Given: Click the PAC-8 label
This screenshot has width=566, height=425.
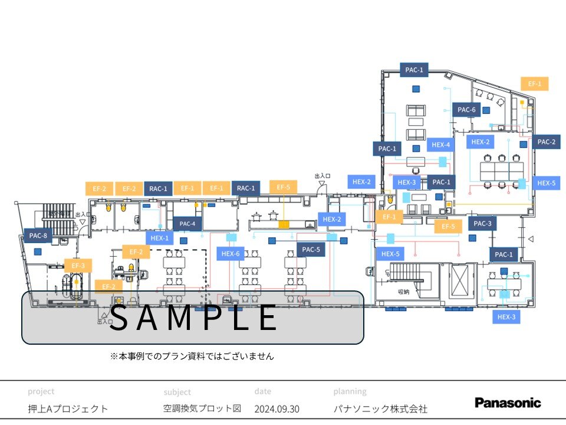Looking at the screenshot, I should pyautogui.click(x=38, y=236).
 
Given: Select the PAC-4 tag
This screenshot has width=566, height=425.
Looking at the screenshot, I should pyautogui.click(x=187, y=224).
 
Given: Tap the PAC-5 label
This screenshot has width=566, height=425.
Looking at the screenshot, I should pyautogui.click(x=311, y=250).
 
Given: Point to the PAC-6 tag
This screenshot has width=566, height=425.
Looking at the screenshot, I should pyautogui.click(x=466, y=110).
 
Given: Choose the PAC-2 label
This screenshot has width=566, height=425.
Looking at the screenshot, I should pyautogui.click(x=546, y=142).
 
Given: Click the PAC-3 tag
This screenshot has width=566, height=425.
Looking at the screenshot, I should pyautogui.click(x=482, y=223).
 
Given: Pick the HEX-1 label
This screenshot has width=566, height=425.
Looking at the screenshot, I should pyautogui.click(x=159, y=238).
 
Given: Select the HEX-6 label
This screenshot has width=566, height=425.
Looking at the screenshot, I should pyautogui.click(x=231, y=254).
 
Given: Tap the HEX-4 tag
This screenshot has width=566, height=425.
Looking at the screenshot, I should pyautogui.click(x=440, y=145).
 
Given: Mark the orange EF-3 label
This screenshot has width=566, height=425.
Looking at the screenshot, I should pyautogui.click(x=78, y=266).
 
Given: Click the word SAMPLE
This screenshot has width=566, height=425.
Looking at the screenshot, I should pyautogui.click(x=193, y=318).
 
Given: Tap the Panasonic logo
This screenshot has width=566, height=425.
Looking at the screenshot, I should pyautogui.click(x=508, y=403).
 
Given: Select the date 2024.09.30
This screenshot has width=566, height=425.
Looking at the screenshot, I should pyautogui.click(x=277, y=408).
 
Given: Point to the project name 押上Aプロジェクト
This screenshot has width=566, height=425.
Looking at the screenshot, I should pyautogui.click(x=68, y=408).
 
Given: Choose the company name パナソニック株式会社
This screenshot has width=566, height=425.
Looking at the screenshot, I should pyautogui.click(x=380, y=408).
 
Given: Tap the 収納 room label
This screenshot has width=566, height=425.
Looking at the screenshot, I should pyautogui.click(x=403, y=292).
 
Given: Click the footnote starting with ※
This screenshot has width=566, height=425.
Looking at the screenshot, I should pyautogui.click(x=192, y=357).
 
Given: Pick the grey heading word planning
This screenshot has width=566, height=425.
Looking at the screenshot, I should pyautogui.click(x=350, y=391).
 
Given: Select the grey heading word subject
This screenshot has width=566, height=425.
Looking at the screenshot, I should pyautogui.click(x=177, y=391).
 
